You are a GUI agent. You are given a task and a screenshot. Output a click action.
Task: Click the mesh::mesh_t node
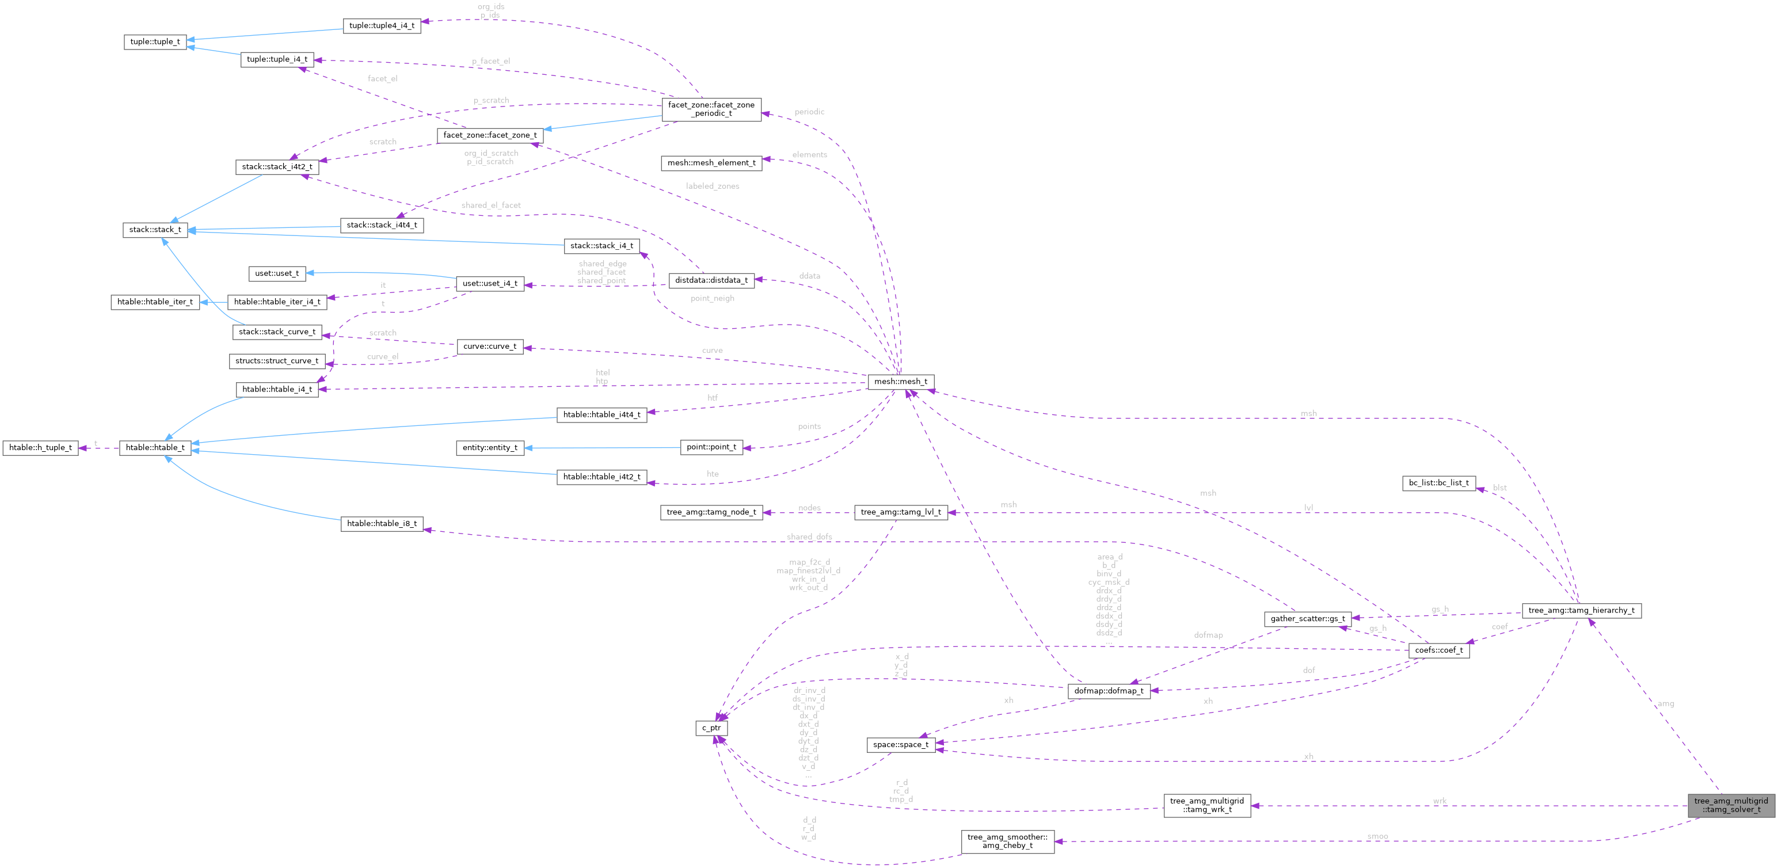pyautogui.click(x=901, y=382)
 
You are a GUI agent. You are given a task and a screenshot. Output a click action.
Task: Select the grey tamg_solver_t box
pyautogui.click(x=1730, y=805)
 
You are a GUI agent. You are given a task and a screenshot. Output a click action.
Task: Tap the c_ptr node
pyautogui.click(x=711, y=728)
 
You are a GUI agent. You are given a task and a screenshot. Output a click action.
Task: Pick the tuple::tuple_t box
pyautogui.click(x=155, y=41)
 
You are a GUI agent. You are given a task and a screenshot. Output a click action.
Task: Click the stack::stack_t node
pyautogui.click(x=155, y=230)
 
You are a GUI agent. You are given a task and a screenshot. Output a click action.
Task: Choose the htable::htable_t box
pyautogui.click(x=155, y=448)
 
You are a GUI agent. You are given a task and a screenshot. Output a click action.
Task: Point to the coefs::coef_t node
pyautogui.click(x=1438, y=650)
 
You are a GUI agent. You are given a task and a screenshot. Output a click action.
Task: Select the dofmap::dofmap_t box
pyautogui.click(x=1109, y=691)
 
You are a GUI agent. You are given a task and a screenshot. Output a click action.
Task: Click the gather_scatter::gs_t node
pyautogui.click(x=1307, y=619)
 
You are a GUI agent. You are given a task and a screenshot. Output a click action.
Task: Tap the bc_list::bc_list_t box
pyautogui.click(x=1438, y=483)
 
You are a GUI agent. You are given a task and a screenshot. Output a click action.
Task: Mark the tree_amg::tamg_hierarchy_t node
pyautogui.click(x=1581, y=611)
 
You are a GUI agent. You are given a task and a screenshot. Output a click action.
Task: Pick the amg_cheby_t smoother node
pyautogui.click(x=1007, y=841)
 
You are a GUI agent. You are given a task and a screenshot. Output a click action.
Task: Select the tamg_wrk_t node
pyautogui.click(x=1206, y=805)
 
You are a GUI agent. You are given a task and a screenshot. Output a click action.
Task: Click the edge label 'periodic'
pyautogui.click(x=809, y=112)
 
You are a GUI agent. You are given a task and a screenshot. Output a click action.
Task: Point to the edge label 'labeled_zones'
pyautogui.click(x=713, y=186)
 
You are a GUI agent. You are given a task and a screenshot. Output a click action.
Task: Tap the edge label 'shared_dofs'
pyautogui.click(x=809, y=537)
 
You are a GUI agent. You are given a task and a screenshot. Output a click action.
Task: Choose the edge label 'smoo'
pyautogui.click(x=1377, y=836)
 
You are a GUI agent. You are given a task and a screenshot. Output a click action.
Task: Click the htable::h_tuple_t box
pyautogui.click(x=41, y=448)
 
